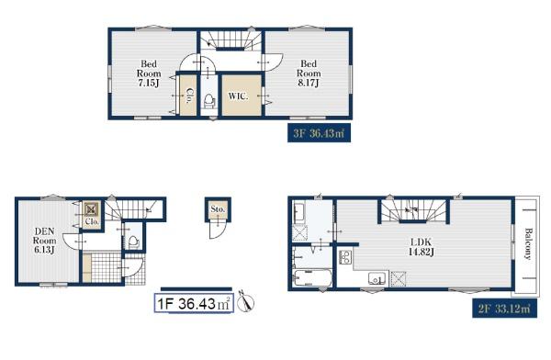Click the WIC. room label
tap(238, 96)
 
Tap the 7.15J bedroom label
tap(149, 73)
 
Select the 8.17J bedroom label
tap(309, 73)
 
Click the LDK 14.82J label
tap(421, 247)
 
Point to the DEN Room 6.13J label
tap(45, 241)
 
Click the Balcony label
tap(528, 243)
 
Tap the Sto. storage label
tap(218, 208)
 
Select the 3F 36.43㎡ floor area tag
tap(319, 133)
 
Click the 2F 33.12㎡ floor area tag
tap(504, 309)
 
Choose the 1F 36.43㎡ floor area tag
tap(194, 303)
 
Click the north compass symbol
tap(245, 302)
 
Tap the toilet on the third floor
tap(209, 100)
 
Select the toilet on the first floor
tap(134, 242)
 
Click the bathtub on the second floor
tap(313, 278)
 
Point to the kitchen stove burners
tap(345, 257)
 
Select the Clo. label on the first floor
tap(92, 222)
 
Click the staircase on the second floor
tap(413, 210)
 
